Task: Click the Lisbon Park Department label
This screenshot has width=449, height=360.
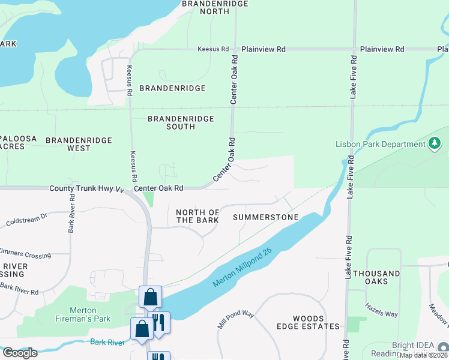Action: pos(381,144)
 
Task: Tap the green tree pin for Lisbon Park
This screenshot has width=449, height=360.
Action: pos(435,143)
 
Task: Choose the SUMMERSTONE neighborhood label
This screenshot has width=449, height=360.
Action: pos(265,217)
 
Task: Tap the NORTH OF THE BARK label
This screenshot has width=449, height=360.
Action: pos(197,217)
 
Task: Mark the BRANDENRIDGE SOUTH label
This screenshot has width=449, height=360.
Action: pos(181,122)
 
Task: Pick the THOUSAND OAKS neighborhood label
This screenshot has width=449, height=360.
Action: pos(376,277)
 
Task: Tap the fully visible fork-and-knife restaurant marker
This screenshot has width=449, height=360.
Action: pos(159,323)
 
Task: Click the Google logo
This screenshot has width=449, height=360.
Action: pos(20,353)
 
